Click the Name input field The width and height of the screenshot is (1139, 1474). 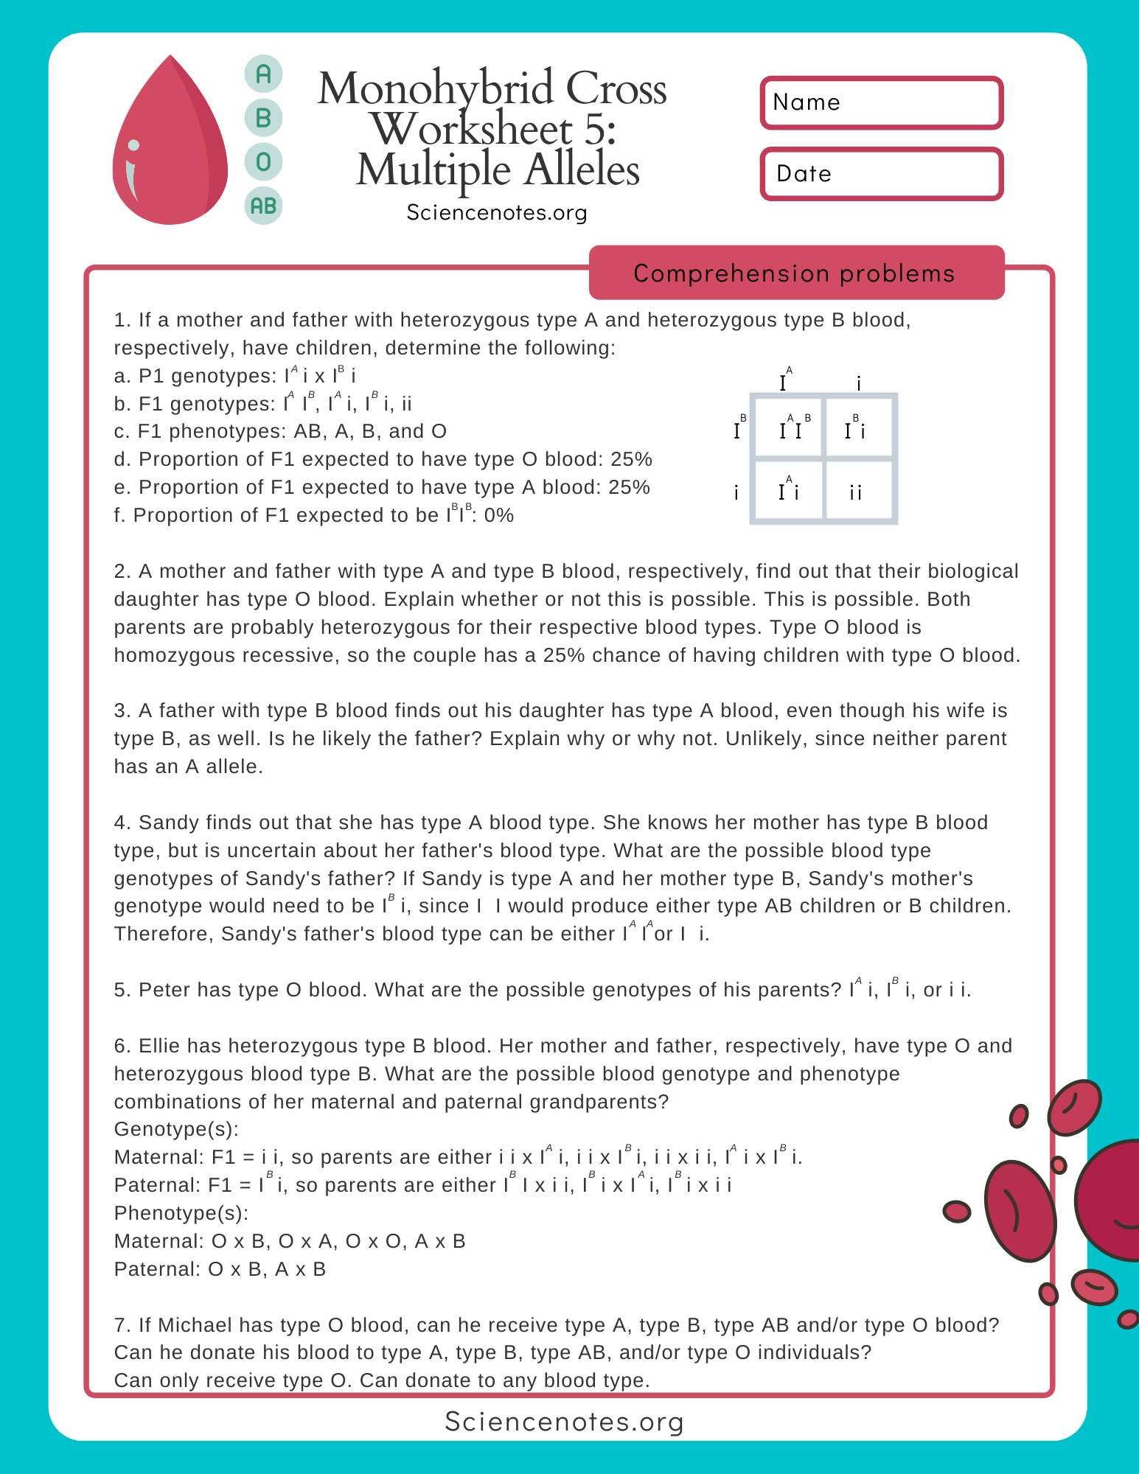(x=882, y=102)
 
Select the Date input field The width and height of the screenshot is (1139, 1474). (x=882, y=174)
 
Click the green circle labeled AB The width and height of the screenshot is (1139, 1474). (x=263, y=206)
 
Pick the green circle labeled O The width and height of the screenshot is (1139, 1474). (x=263, y=161)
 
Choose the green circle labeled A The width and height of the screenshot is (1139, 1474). (x=263, y=74)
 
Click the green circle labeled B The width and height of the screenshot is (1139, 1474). (x=263, y=117)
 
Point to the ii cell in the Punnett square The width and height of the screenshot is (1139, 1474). (x=857, y=492)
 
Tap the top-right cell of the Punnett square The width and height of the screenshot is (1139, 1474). (x=857, y=427)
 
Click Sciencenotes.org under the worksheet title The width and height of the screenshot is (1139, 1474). (x=497, y=213)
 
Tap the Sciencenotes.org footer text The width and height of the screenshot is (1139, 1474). (x=565, y=1421)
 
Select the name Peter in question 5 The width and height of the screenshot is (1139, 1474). (x=164, y=990)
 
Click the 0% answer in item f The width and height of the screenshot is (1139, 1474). (x=499, y=515)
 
